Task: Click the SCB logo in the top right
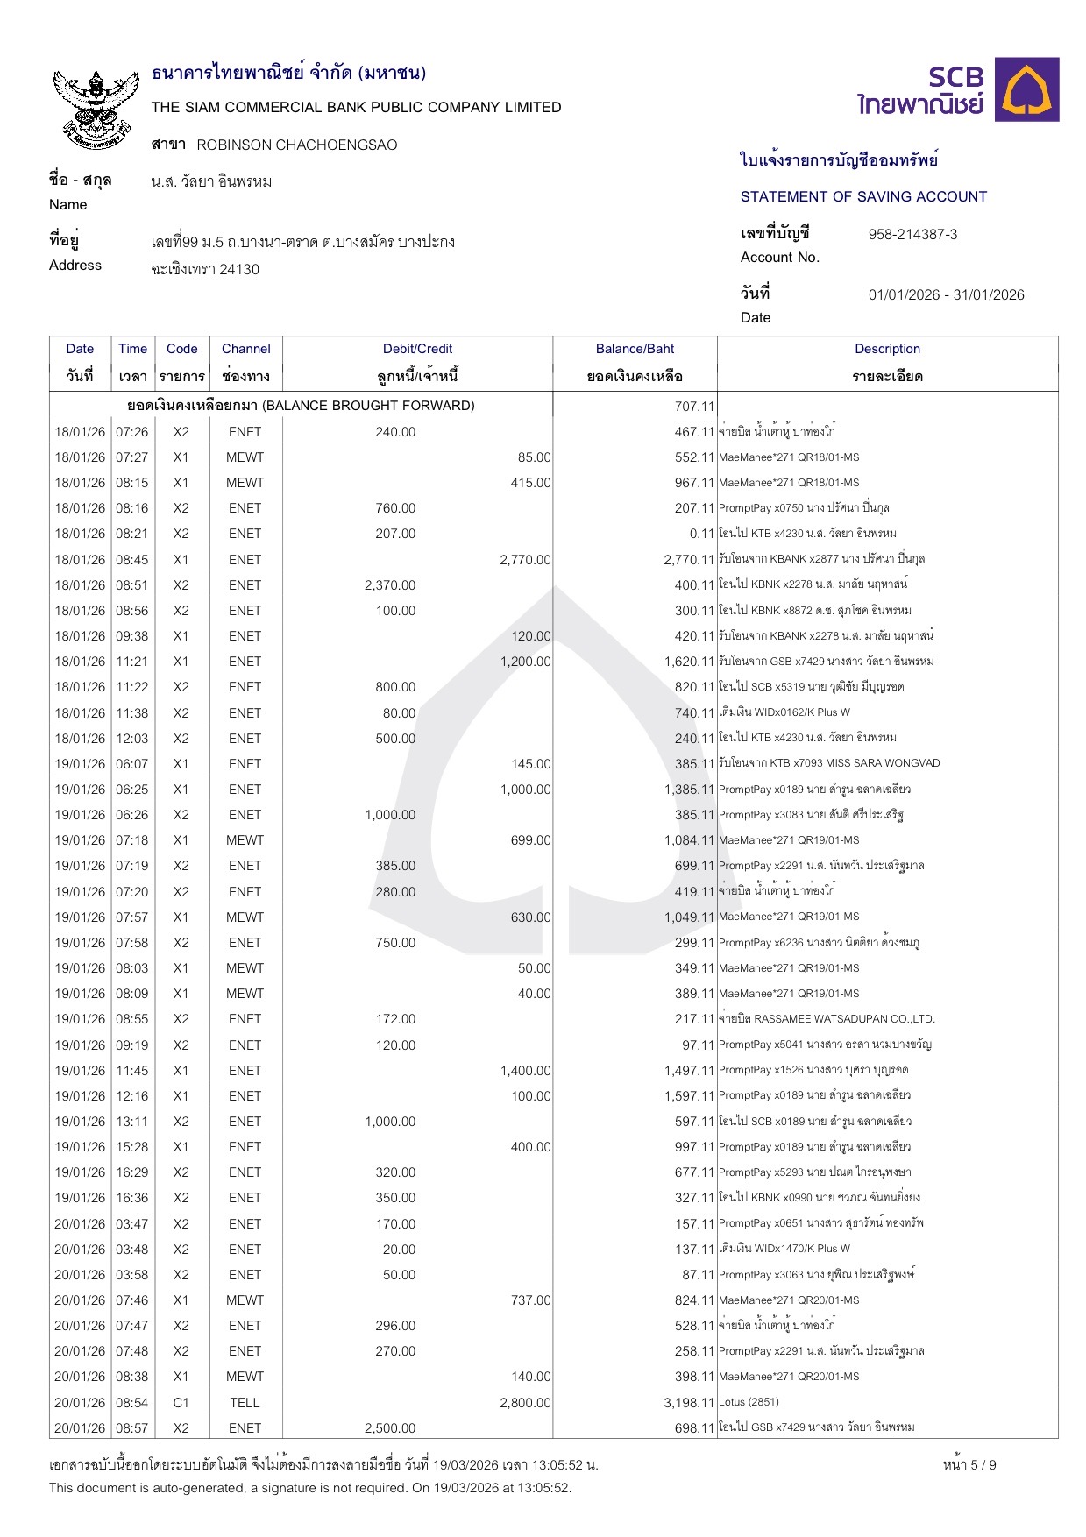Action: pyautogui.click(x=958, y=89)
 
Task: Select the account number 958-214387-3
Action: pyautogui.click(x=912, y=234)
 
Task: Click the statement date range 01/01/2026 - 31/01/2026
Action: pyautogui.click(x=946, y=294)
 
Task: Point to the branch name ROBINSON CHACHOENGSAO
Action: pyautogui.click(x=296, y=145)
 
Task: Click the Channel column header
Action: pyautogui.click(x=245, y=349)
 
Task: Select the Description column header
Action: pyautogui.click(x=887, y=349)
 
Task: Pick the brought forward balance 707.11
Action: pyautogui.click(x=694, y=406)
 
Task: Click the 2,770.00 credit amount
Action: pyautogui.click(x=525, y=559)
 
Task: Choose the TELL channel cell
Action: pyautogui.click(x=245, y=1402)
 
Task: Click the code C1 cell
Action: pyautogui.click(x=181, y=1402)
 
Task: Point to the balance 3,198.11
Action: pyautogui.click(x=689, y=1402)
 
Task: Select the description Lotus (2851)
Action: pyautogui.click(x=749, y=1402)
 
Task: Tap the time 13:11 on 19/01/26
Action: pyautogui.click(x=132, y=1122)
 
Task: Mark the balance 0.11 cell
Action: pyautogui.click(x=701, y=534)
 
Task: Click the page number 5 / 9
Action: pyautogui.click(x=969, y=1464)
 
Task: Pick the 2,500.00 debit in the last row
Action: pyautogui.click(x=390, y=1427)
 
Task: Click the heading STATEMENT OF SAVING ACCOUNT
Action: pyautogui.click(x=863, y=196)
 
